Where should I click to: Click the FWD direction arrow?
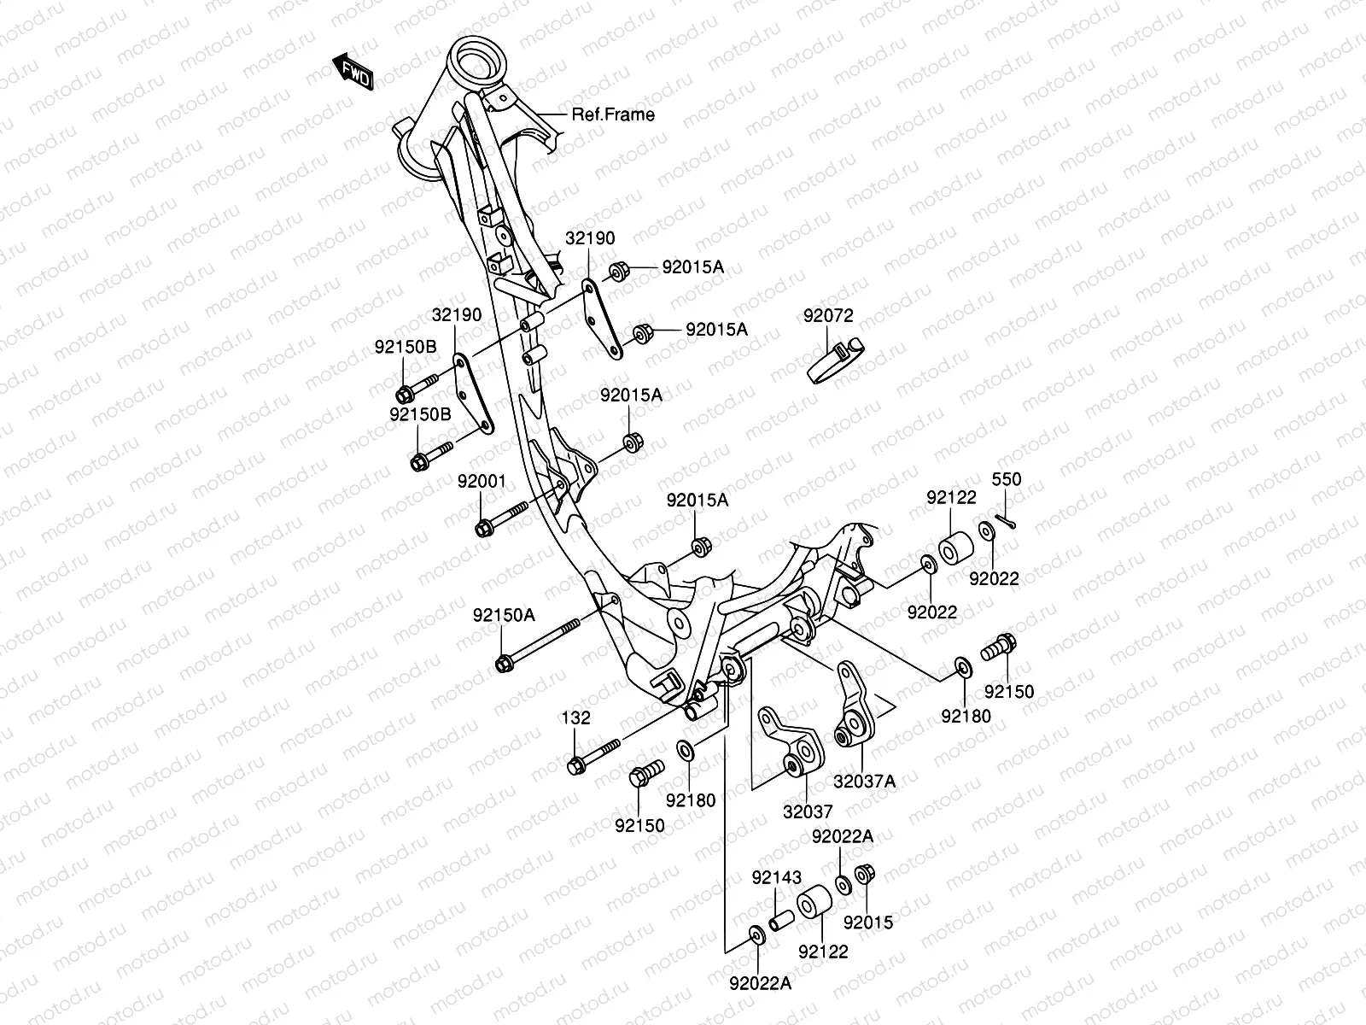[x=352, y=73]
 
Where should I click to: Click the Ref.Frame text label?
[x=613, y=114]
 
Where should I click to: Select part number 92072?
[x=827, y=316]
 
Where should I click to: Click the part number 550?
[x=1006, y=480]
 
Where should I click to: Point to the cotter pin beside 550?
[x=1007, y=523]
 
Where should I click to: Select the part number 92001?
[x=481, y=482]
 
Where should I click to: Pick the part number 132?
[x=575, y=718]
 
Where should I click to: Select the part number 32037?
[x=808, y=811]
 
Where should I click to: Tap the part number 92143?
[x=776, y=877]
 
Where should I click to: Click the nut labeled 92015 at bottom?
[x=862, y=875]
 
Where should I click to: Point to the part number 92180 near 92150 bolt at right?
[x=966, y=716]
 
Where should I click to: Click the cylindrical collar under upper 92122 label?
[x=957, y=547]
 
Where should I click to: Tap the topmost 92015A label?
[x=692, y=267]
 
